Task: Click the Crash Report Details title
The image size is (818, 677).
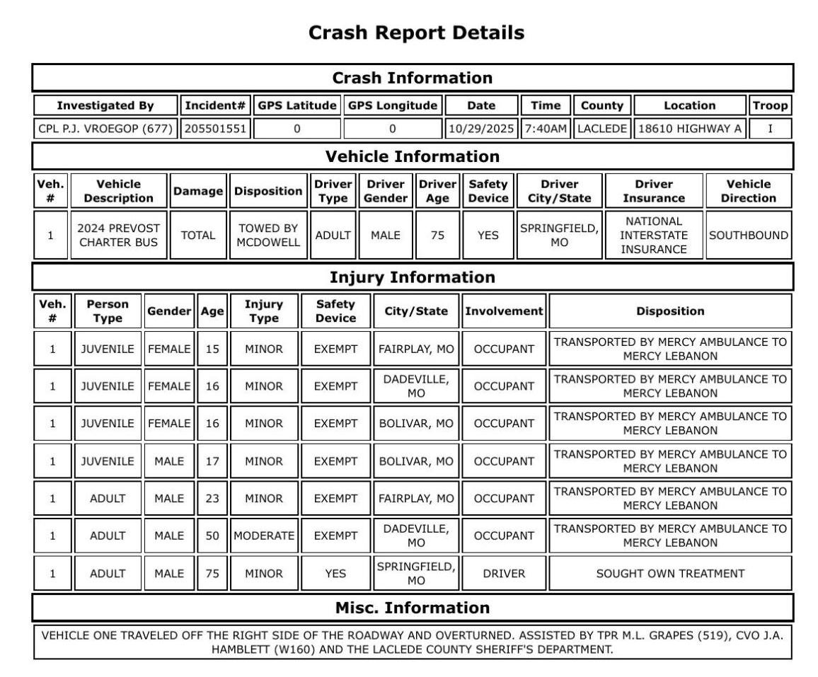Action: [x=417, y=33]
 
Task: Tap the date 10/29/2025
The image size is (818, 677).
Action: [x=482, y=129]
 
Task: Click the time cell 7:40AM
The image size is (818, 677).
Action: [x=546, y=129]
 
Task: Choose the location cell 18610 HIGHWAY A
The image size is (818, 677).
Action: [x=689, y=129]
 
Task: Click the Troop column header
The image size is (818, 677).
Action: [x=770, y=105]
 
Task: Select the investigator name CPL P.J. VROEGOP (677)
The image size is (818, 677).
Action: [x=105, y=129]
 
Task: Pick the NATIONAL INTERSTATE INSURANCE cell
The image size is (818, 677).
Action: [x=654, y=235]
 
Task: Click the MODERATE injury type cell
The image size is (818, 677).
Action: [x=263, y=536]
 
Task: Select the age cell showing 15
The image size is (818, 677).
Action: [x=212, y=349]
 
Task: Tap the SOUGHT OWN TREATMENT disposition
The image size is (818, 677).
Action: [x=669, y=574]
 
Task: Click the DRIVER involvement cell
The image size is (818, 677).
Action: [x=502, y=574]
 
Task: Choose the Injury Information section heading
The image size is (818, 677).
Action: [x=413, y=277]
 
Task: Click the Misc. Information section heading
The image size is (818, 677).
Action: [x=412, y=608]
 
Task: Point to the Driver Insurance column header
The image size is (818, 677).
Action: [x=654, y=191]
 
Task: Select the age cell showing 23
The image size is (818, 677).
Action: [x=212, y=499]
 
